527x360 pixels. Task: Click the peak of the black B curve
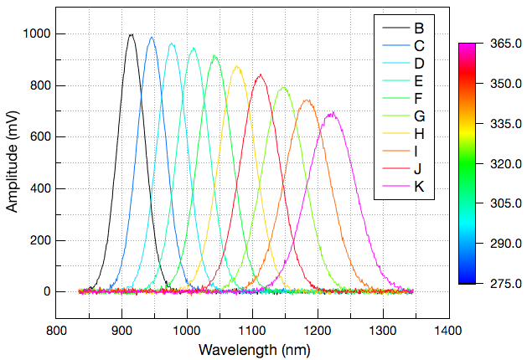point(131,34)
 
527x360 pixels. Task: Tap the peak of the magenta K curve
point(333,112)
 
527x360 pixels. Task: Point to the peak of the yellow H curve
point(237,66)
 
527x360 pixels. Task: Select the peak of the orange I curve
point(307,100)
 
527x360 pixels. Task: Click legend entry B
point(418,28)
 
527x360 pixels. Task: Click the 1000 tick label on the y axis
point(36,33)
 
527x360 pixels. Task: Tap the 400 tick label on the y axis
point(39,188)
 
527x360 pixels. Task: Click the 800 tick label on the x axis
point(56,331)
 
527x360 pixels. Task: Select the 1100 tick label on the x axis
point(252,331)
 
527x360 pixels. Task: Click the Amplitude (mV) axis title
point(13,164)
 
